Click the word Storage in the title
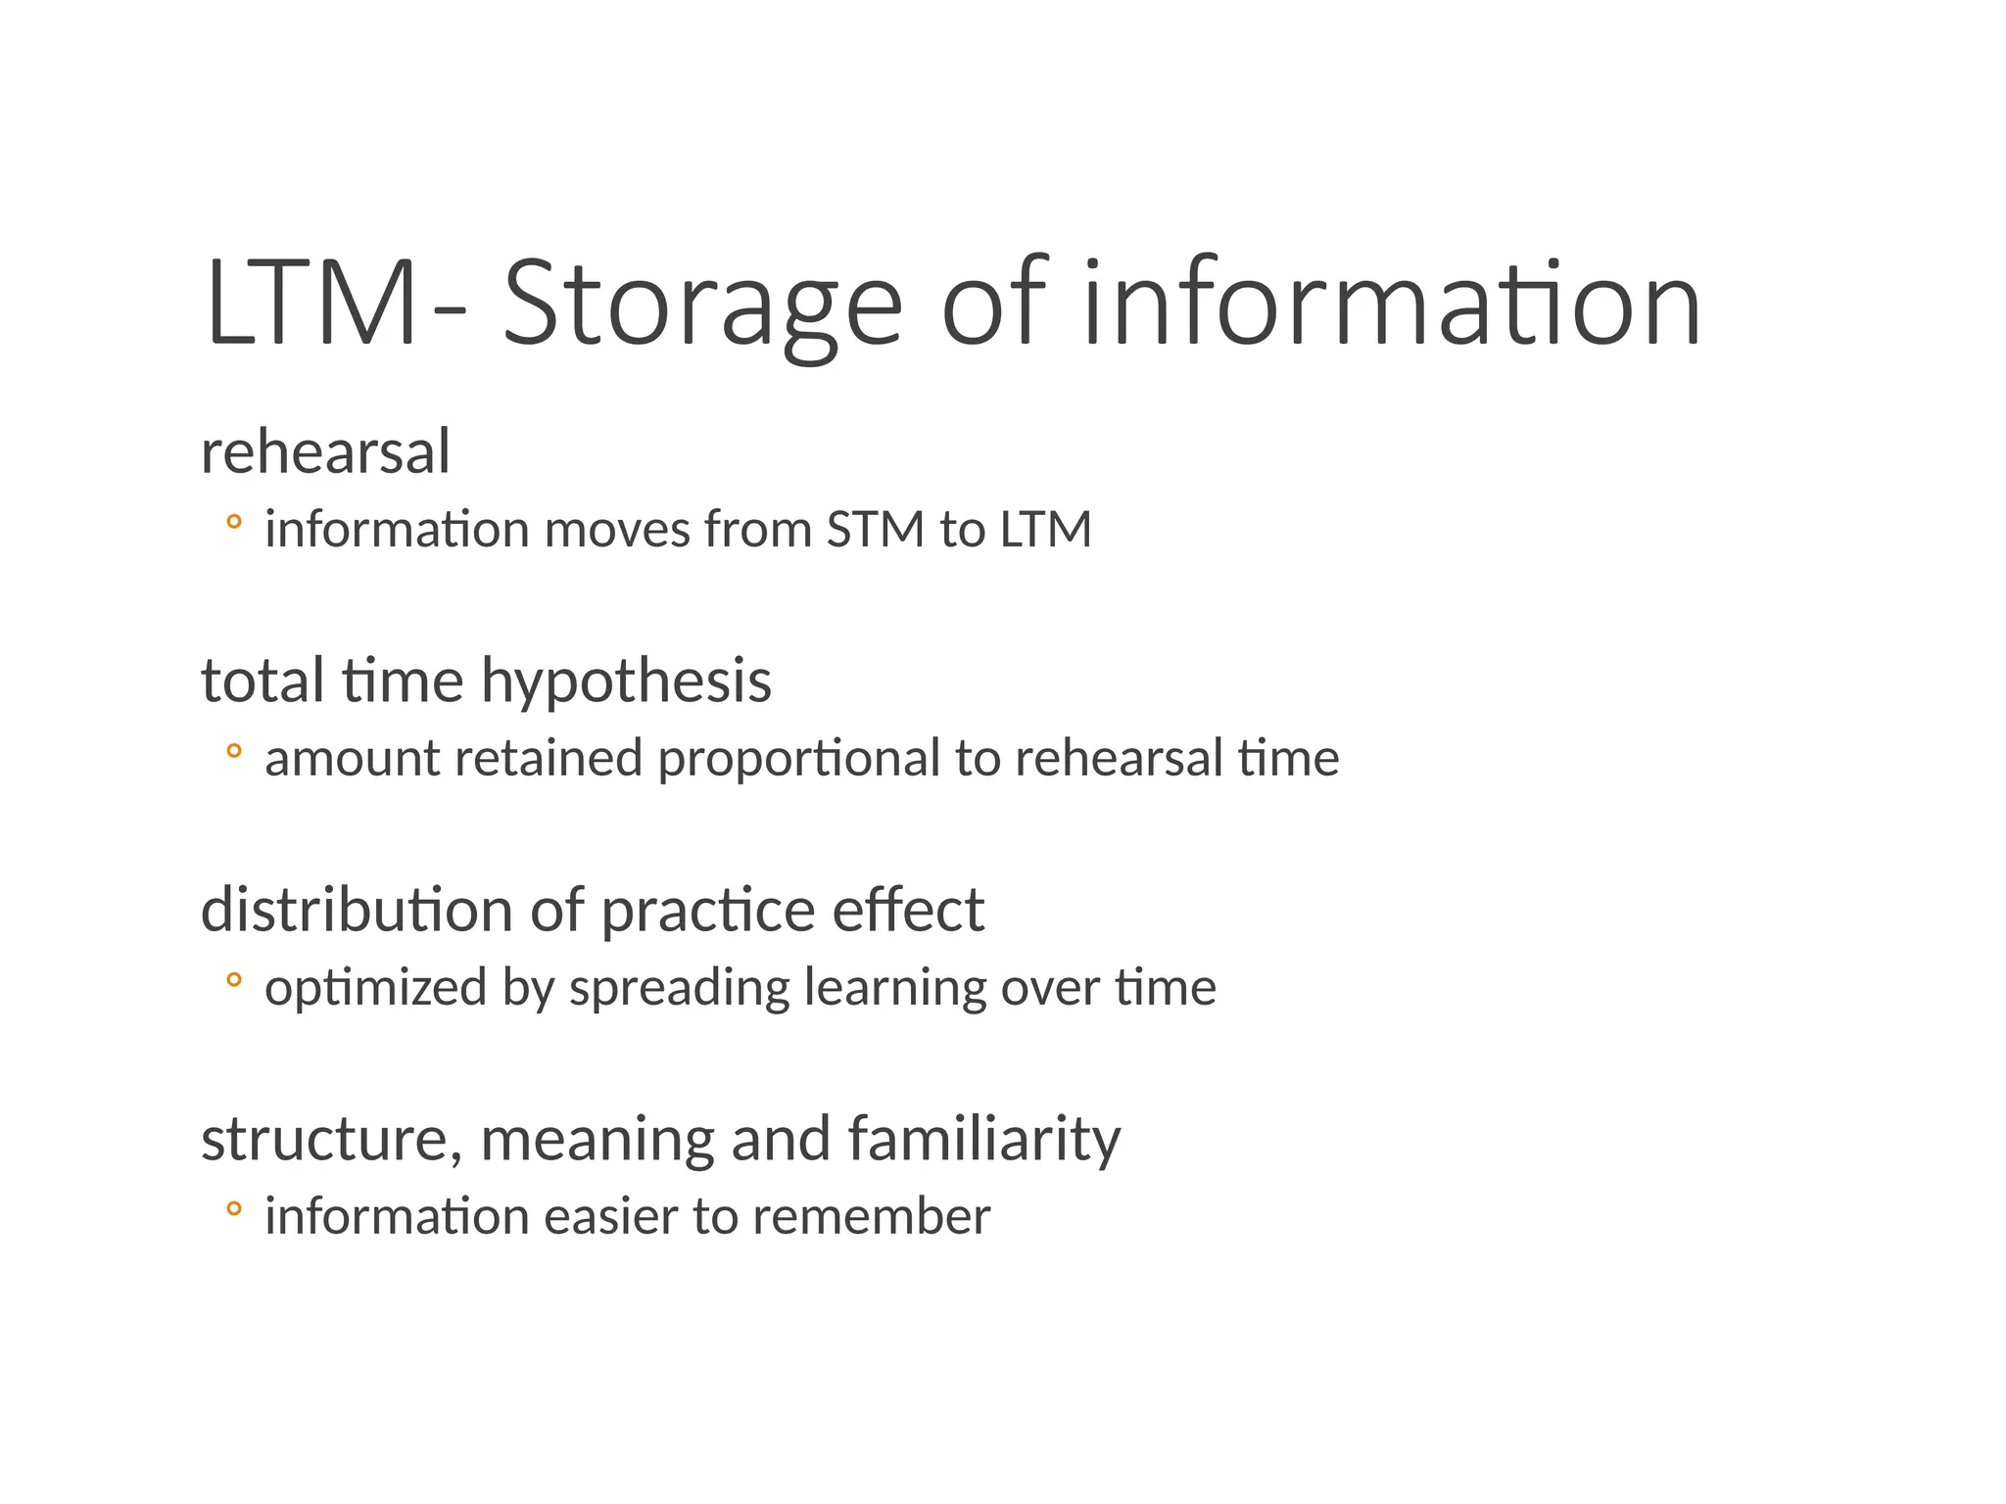[x=701, y=304]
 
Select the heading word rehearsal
[x=325, y=452]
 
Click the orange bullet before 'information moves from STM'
[x=233, y=522]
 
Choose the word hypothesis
[x=626, y=681]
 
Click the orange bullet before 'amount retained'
[x=233, y=751]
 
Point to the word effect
[x=908, y=910]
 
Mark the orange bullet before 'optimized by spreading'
[x=233, y=979]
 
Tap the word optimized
[x=375, y=989]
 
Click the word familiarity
[x=983, y=1140]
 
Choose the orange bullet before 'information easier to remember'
[x=233, y=1208]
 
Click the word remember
[x=872, y=1217]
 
